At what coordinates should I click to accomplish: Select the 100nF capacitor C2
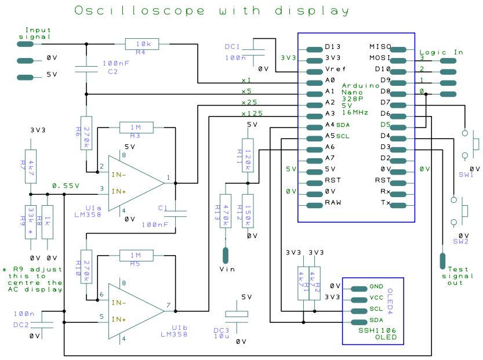[86, 70]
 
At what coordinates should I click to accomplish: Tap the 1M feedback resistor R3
[136, 127]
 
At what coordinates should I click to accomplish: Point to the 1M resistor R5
[136, 255]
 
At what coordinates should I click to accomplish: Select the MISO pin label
[380, 47]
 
